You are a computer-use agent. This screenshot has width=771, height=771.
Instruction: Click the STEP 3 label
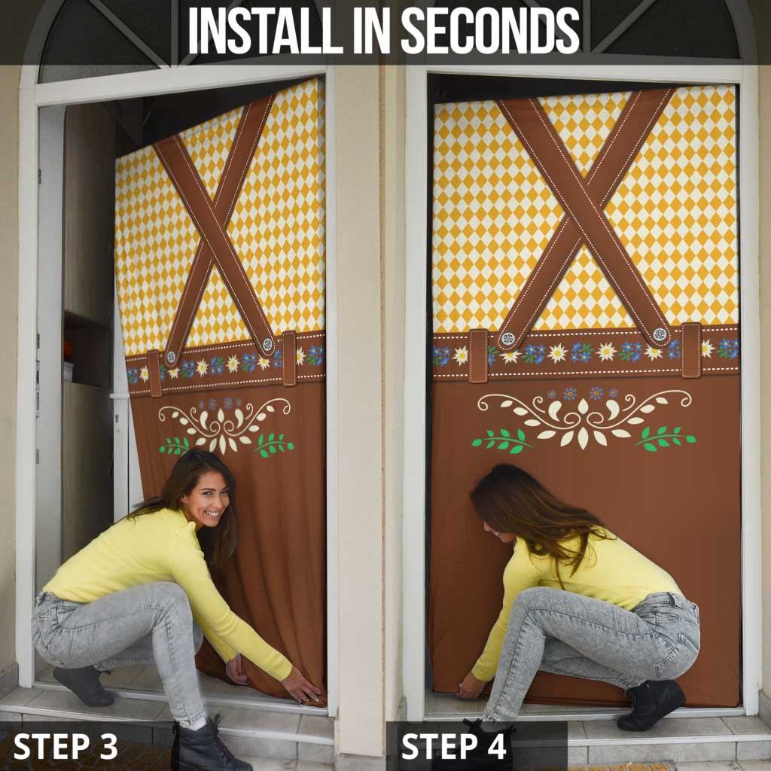pos(66,745)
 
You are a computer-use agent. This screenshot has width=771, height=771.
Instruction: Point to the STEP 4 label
pos(455,745)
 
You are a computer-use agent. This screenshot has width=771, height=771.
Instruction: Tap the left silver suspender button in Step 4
pos(508,338)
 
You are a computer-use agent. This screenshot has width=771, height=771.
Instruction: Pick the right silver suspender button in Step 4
pos(660,334)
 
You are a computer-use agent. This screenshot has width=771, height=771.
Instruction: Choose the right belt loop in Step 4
pos(691,349)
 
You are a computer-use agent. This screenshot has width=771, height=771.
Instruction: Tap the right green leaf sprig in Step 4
pos(666,437)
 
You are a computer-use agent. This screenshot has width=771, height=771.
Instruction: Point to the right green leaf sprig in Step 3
pos(274,444)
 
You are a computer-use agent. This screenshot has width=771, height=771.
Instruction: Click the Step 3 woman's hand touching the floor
pos(304,689)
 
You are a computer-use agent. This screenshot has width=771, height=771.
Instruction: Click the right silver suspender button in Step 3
pos(267,345)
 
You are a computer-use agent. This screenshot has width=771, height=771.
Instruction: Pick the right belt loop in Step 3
pos(289,358)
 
